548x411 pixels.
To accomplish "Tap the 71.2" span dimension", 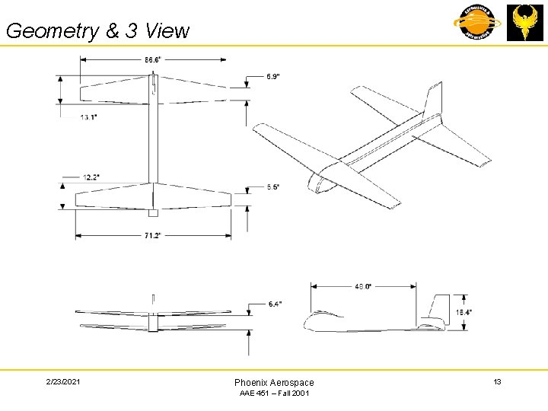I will tap(152, 236).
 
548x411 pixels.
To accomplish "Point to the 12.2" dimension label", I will tap(91, 177).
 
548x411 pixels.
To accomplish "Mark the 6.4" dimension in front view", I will tap(275, 304).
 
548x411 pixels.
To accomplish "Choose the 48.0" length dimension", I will tap(363, 286).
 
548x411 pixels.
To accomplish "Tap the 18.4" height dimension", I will tap(464, 311).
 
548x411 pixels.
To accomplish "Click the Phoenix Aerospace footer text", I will tap(274, 382).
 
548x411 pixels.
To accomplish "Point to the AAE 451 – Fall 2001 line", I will tap(274, 393).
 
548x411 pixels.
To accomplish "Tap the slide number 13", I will tap(497, 381).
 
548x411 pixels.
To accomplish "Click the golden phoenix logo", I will tap(524, 23).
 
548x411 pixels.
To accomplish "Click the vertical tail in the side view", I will tap(437, 307).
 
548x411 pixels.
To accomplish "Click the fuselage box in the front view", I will tap(153, 323).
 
